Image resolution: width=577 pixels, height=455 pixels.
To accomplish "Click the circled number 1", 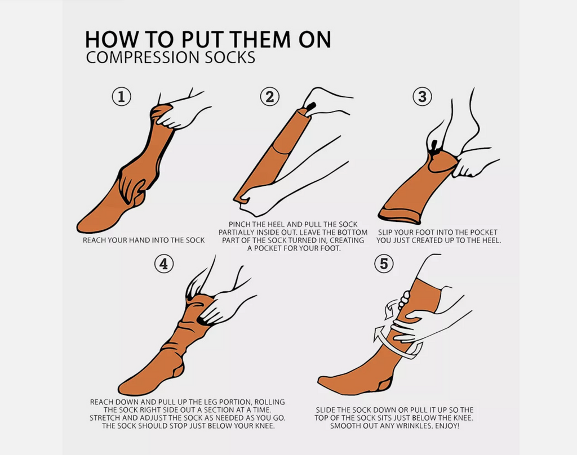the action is click(122, 97).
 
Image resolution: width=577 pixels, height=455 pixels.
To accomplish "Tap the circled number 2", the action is click(270, 97).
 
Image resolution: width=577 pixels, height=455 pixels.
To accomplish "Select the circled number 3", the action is click(422, 97).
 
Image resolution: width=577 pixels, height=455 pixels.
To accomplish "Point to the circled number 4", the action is click(164, 264).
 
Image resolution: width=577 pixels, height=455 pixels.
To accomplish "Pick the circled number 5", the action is click(384, 264).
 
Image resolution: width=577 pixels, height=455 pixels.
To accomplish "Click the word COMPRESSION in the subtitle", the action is click(143, 58).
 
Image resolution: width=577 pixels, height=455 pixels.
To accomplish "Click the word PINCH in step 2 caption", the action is click(239, 224).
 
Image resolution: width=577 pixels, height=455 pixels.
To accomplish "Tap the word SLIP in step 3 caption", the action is click(385, 233).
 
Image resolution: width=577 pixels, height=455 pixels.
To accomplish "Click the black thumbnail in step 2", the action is click(311, 106).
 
